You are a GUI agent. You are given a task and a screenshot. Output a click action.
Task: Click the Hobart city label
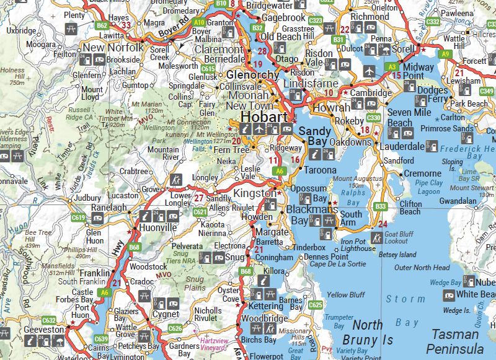[x=264, y=118]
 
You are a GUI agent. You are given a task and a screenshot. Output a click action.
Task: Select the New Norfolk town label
[x=113, y=48]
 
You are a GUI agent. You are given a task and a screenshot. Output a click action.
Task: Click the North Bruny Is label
[x=373, y=332]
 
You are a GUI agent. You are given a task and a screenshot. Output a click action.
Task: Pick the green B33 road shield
[x=381, y=206]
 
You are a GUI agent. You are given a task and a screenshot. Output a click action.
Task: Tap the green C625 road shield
[x=315, y=305]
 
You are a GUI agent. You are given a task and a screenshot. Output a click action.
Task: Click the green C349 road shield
[x=487, y=92]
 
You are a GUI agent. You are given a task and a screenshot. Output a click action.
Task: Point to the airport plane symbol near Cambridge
[x=371, y=69]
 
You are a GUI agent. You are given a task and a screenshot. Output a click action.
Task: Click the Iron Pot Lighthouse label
[x=358, y=245]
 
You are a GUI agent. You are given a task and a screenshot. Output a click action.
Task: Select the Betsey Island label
[x=397, y=255]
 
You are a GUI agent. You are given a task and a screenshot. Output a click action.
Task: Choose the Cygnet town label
[x=166, y=315]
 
